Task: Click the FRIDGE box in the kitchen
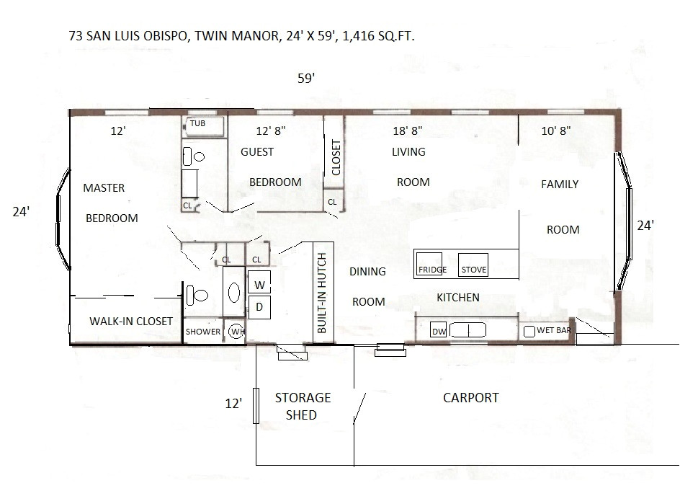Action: tap(431, 265)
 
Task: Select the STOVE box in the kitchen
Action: tap(473, 265)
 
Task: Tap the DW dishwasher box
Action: tap(439, 331)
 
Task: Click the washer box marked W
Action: tap(259, 283)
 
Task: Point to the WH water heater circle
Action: tap(236, 331)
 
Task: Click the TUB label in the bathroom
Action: tap(197, 124)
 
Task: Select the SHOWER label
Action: tap(203, 332)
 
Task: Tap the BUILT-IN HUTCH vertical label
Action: tap(323, 293)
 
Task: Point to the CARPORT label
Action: tap(470, 397)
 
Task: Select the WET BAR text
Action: tap(554, 330)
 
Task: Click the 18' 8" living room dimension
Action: tap(407, 131)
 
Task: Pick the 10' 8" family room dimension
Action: tap(557, 131)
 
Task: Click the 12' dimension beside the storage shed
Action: tap(233, 404)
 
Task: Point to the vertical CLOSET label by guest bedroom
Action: tap(335, 157)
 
